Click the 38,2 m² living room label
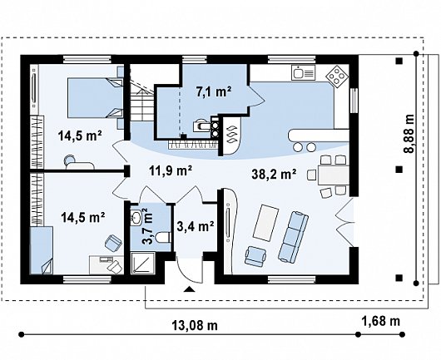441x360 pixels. (x=274, y=175)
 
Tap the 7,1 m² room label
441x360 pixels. (x=214, y=92)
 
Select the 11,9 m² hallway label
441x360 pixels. (x=171, y=170)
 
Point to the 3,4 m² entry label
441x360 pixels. (x=196, y=226)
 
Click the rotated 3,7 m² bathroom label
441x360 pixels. (x=148, y=226)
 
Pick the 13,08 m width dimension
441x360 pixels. (x=195, y=326)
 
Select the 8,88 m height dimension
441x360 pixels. (x=409, y=133)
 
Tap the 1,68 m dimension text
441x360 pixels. (x=380, y=321)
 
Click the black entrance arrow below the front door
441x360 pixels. (x=189, y=289)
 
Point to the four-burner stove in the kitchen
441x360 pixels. (x=337, y=76)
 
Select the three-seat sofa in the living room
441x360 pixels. (x=293, y=237)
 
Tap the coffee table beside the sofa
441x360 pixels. (x=265, y=223)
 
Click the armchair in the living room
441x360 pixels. (x=255, y=256)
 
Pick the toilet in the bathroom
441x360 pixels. (x=164, y=237)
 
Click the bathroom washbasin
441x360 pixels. (x=136, y=218)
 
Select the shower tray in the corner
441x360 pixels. (x=143, y=264)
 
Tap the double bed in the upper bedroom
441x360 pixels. (x=96, y=97)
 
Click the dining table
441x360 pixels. (x=334, y=175)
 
